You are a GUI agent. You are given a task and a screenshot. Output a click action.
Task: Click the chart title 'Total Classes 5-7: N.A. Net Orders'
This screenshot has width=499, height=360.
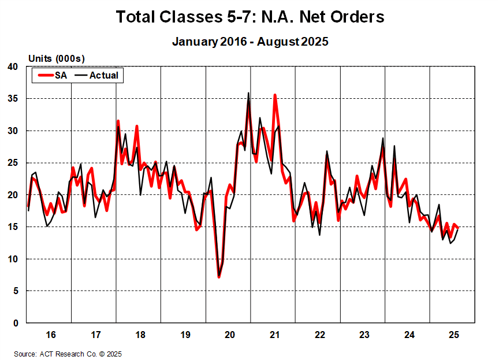tap(249, 17)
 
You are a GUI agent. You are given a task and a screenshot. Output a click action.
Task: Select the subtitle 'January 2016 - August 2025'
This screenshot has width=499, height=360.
tap(249, 42)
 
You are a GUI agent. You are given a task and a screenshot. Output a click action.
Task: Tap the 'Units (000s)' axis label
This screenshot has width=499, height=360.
tap(57, 59)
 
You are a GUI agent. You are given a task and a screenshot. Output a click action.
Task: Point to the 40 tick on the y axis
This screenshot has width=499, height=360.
tap(13, 67)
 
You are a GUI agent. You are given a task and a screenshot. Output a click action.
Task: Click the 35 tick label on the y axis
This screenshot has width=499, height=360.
tap(13, 99)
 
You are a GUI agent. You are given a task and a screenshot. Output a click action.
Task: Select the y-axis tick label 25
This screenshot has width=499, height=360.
tap(13, 163)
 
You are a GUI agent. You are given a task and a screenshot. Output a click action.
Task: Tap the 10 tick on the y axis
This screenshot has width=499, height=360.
tap(13, 259)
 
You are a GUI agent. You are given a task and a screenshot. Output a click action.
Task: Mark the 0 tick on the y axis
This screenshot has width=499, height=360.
tap(16, 323)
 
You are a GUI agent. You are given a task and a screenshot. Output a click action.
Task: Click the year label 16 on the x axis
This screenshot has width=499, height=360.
tap(50, 335)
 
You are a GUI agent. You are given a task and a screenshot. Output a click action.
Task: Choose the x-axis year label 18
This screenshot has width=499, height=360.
tap(140, 335)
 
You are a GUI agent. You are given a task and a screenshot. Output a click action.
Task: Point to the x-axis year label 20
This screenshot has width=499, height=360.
tap(229, 335)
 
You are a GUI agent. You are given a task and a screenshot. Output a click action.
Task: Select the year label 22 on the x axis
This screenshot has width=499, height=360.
tap(319, 335)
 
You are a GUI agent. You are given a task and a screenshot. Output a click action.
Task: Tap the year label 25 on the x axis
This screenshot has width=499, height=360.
tap(453, 335)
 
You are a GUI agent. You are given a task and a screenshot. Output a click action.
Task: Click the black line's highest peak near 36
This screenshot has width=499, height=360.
tap(248, 93)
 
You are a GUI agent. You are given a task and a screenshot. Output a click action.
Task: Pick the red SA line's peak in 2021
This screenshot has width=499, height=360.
tap(275, 95)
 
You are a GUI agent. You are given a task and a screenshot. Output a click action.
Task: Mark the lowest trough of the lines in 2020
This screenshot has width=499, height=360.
tap(219, 277)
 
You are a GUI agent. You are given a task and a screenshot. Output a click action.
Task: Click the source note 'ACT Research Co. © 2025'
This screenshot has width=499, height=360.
tap(68, 354)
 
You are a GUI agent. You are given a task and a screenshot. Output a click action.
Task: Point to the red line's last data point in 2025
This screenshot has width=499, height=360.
tap(458, 227)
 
